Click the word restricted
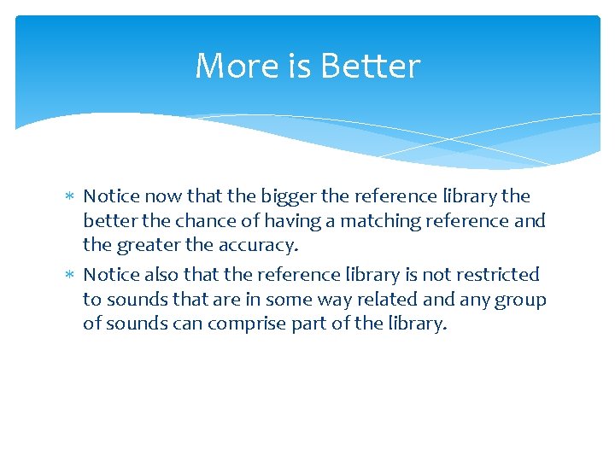point(495,274)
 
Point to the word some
point(289,299)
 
